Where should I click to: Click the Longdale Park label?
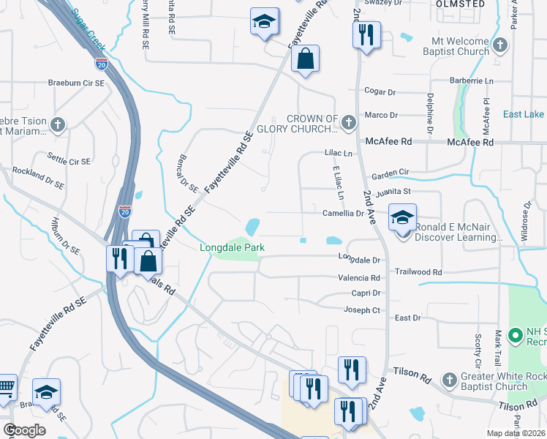[232, 248]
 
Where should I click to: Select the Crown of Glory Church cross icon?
[348, 121]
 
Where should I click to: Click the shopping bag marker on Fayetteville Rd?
[306, 60]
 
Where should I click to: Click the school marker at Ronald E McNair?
[402, 218]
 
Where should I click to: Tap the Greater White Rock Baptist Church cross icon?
[448, 378]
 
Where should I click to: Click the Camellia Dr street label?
[343, 213]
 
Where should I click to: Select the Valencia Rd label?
[358, 278]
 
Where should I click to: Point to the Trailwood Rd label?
[418, 271]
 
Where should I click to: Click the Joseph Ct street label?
[362, 309]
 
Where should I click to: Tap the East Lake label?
[523, 114]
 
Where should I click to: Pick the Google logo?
[24, 430]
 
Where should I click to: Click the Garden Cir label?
[390, 173]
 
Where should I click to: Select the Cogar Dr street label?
[380, 91]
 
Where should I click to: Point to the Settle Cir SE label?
[69, 159]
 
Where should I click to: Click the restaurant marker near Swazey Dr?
[366, 34]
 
